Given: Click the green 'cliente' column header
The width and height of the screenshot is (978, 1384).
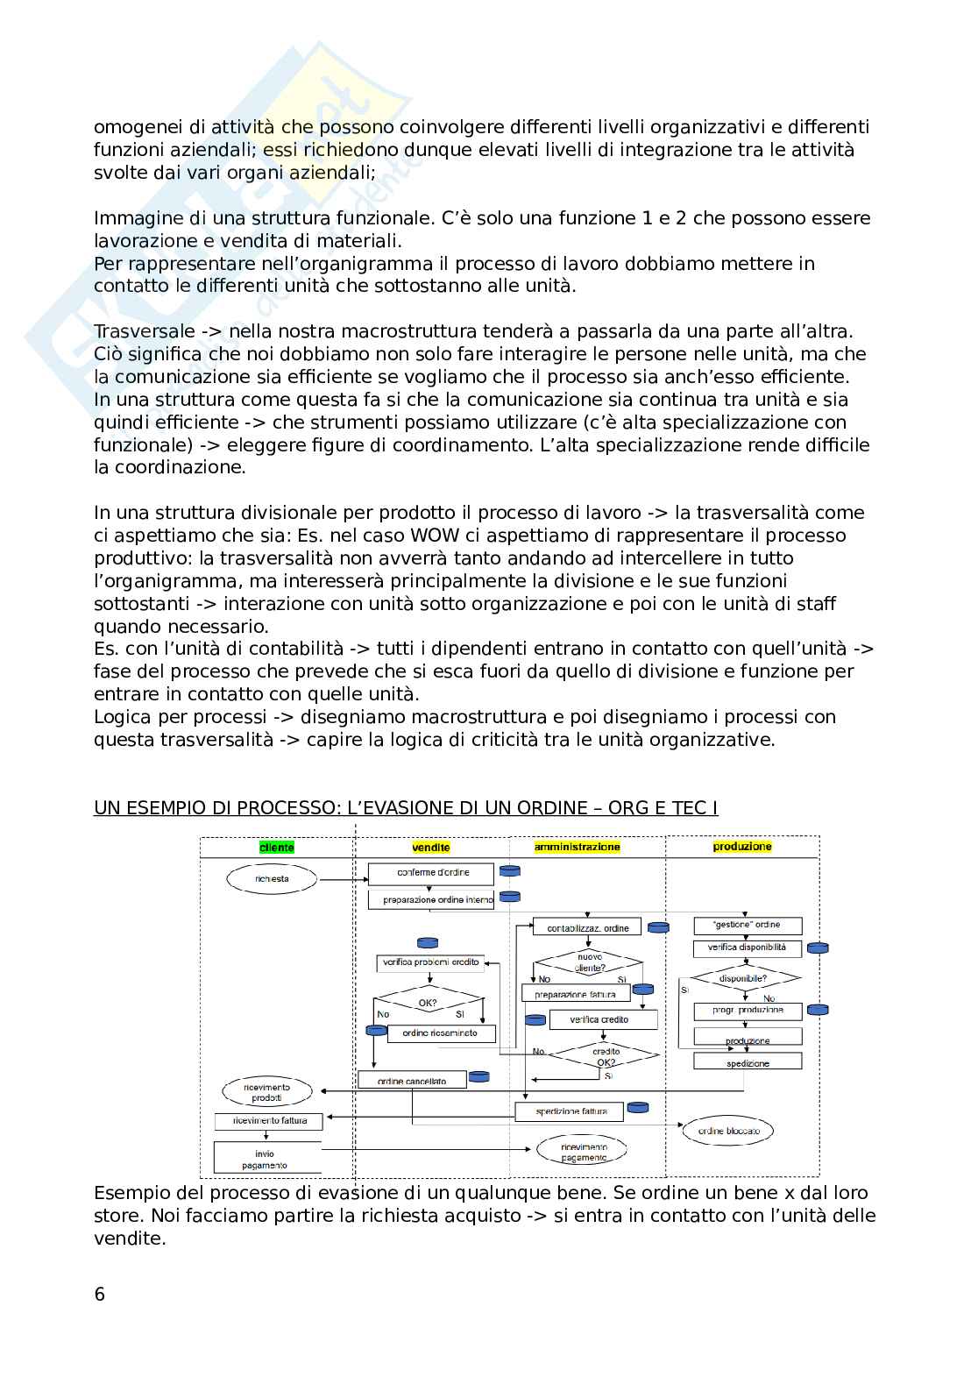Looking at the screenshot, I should [277, 848].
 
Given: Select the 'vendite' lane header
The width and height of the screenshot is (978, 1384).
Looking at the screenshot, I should [431, 848].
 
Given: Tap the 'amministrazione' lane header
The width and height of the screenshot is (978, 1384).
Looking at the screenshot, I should [577, 847].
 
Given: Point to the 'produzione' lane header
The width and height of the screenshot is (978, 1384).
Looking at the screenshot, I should [742, 847].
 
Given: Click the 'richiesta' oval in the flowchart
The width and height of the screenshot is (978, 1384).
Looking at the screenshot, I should [273, 878].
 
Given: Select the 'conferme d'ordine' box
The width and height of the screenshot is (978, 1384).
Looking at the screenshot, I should [433, 873].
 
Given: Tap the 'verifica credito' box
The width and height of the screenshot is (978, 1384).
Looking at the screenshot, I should [600, 1019].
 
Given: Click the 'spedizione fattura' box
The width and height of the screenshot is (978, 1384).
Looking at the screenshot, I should [569, 1111].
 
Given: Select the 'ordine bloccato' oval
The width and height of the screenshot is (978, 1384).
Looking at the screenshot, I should [728, 1131].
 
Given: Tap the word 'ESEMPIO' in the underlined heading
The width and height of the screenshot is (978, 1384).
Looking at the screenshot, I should [167, 807].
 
